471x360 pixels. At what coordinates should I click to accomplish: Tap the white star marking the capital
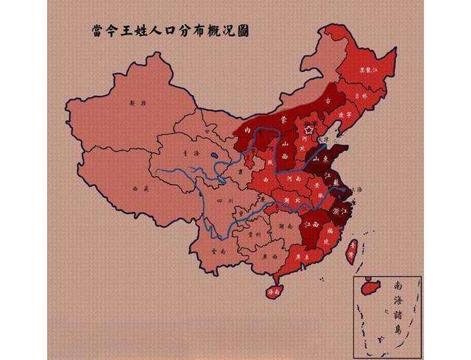pyautogui.click(x=310, y=129)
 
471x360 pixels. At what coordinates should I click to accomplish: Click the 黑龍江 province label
pyautogui.click(x=366, y=71)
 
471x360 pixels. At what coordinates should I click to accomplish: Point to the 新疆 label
pyautogui.click(x=132, y=105)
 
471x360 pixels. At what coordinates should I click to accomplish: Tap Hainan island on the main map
pyautogui.click(x=272, y=291)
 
